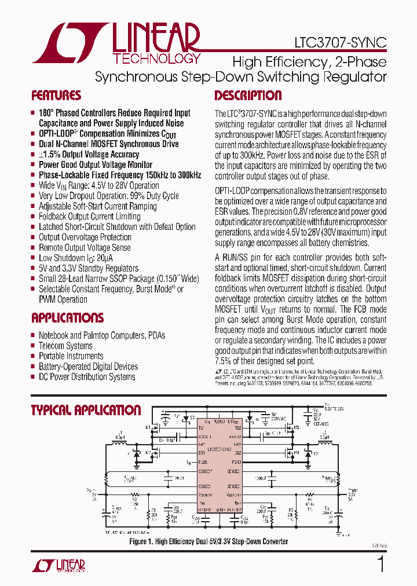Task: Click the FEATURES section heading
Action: pyautogui.click(x=56, y=96)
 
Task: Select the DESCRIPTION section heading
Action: pyautogui.click(x=248, y=96)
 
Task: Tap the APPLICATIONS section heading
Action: pyautogui.click(x=67, y=318)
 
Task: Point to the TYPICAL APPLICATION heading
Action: pyautogui.click(x=86, y=410)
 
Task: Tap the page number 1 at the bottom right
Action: pyautogui.click(x=381, y=564)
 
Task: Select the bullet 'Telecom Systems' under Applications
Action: pyautogui.click(x=65, y=346)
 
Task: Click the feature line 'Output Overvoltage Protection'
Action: pyautogui.click(x=85, y=237)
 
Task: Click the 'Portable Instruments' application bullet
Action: pyautogui.click(x=71, y=356)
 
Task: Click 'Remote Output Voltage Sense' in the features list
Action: pyautogui.click(x=85, y=248)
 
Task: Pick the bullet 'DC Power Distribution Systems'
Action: pyautogui.click(x=87, y=377)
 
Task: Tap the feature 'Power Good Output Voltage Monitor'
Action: pyautogui.click(x=96, y=164)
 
